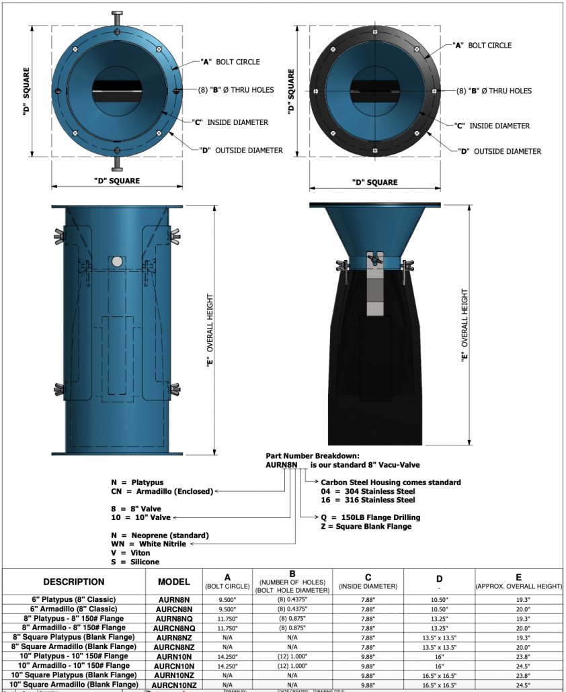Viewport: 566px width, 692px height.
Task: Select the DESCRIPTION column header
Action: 74,582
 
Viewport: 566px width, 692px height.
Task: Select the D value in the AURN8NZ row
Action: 438,637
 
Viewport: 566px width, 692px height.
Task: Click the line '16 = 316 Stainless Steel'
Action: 368,500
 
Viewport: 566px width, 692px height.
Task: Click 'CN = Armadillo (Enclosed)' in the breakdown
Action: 161,491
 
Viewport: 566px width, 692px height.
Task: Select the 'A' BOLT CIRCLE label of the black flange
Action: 482,46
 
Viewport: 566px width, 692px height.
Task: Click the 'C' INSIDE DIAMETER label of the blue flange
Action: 233,122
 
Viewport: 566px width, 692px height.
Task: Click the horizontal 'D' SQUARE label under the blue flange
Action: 116,181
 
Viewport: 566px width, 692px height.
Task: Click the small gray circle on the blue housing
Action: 118,261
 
